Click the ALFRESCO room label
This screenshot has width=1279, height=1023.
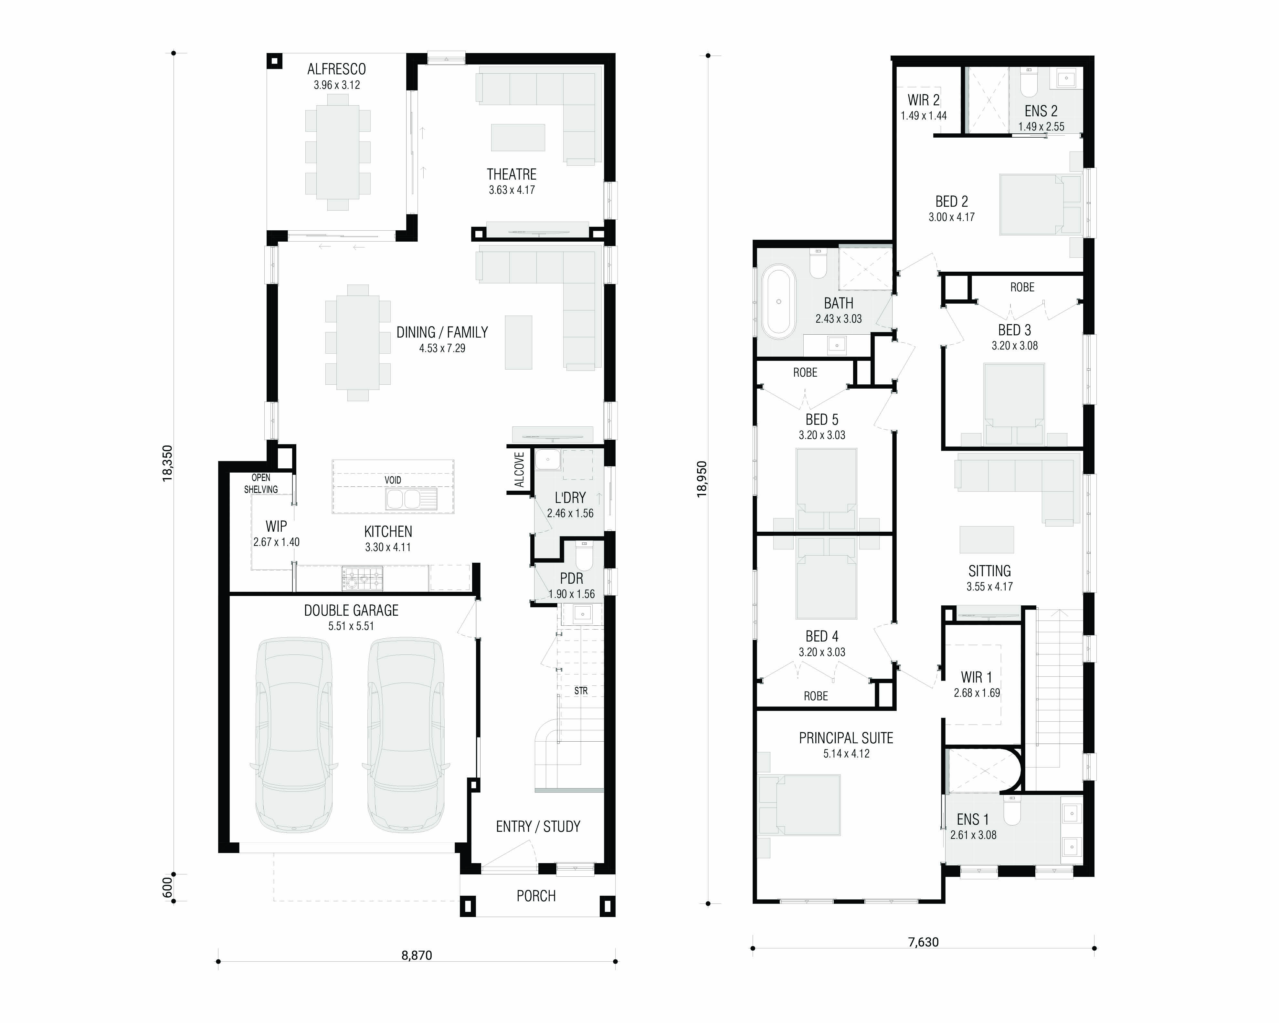pos(336,69)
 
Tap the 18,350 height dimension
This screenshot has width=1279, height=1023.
pos(168,463)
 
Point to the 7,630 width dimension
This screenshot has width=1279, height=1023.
pos(924,942)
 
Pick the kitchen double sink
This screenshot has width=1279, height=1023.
pos(411,499)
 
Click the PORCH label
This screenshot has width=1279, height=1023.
pos(536,896)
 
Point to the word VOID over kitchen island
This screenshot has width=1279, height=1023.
pos(393,480)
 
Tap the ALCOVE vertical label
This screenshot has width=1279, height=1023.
pos(520,470)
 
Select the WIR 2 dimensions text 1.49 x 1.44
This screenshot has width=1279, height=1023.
pos(924,116)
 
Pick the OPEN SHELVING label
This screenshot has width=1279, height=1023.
pos(261,483)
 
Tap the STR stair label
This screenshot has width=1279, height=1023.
pos(581,691)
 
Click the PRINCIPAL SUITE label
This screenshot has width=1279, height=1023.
pos(846,738)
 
